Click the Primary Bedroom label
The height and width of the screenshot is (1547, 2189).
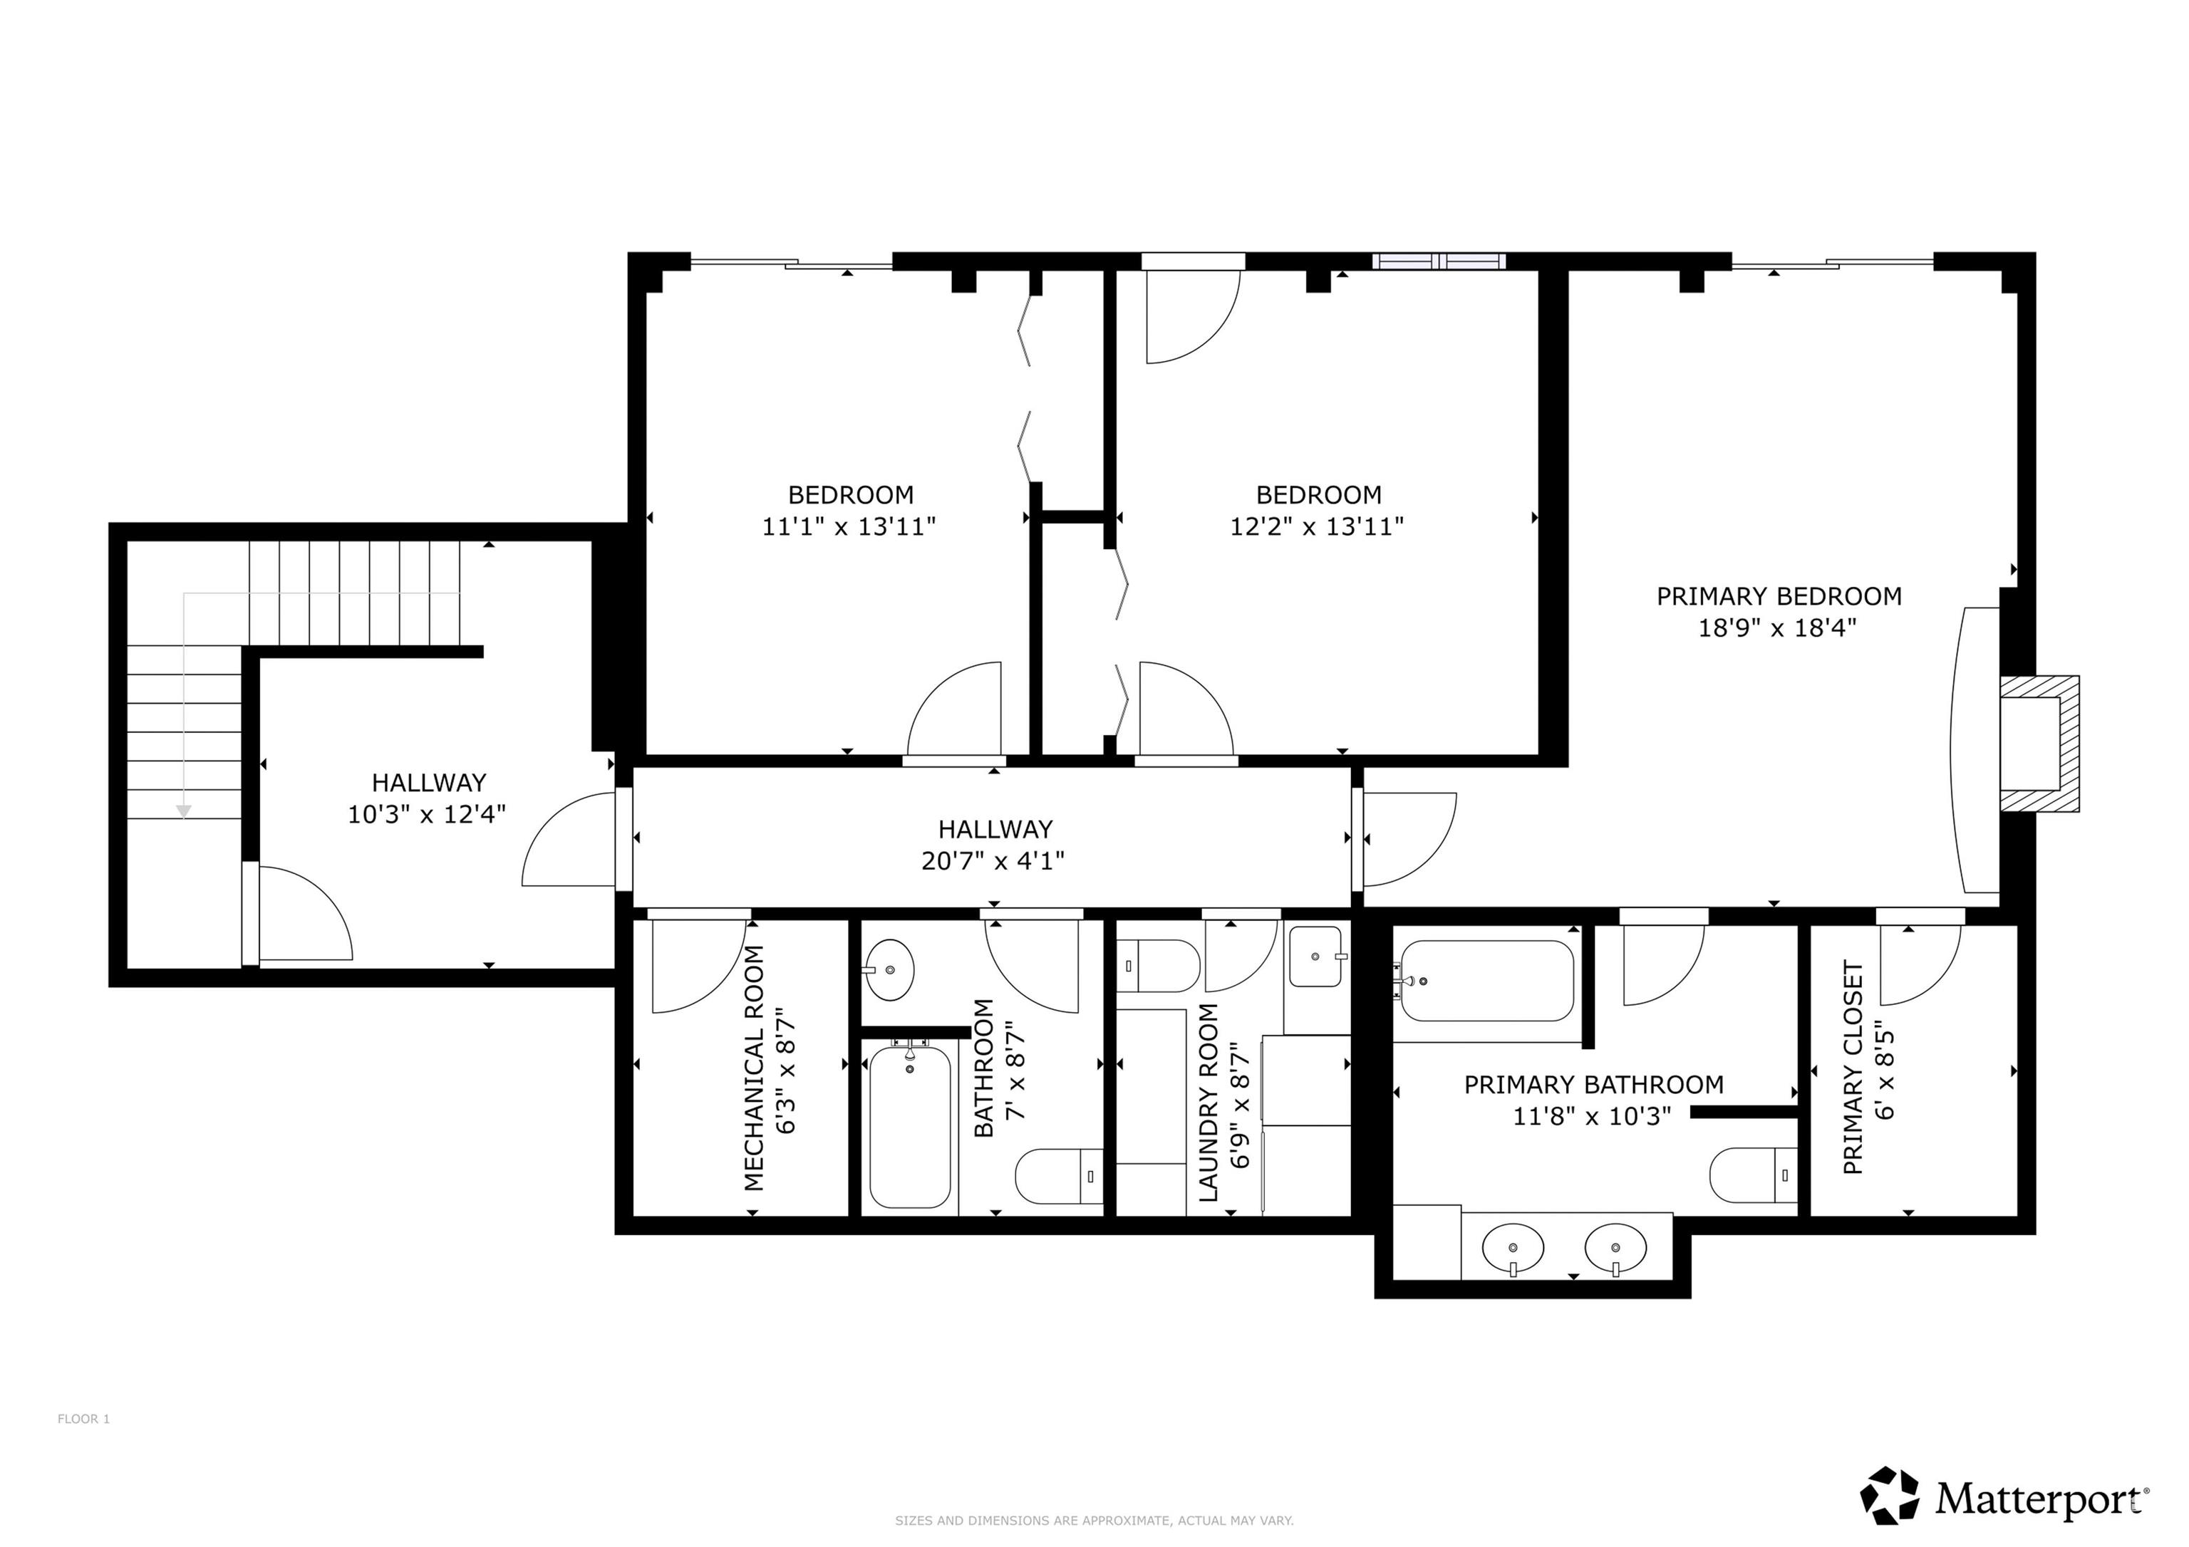[1779, 597]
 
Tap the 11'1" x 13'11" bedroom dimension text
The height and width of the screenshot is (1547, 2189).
[849, 526]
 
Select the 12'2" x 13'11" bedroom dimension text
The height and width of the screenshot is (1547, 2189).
[1317, 526]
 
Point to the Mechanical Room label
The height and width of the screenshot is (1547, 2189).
[754, 1068]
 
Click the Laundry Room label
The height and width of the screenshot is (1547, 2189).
[1208, 1103]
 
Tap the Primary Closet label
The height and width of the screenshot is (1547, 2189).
[1853, 1068]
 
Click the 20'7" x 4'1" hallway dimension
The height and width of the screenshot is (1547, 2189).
[993, 860]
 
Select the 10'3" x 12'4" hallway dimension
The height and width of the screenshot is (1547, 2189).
[426, 814]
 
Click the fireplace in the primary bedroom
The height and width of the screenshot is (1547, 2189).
[2039, 744]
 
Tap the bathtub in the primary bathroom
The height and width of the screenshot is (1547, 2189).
[1484, 981]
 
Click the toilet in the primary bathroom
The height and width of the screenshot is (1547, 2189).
[1752, 1175]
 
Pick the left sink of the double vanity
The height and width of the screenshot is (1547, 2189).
[1513, 1249]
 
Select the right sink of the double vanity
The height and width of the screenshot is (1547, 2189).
[1615, 1249]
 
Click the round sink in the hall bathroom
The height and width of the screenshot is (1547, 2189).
[888, 970]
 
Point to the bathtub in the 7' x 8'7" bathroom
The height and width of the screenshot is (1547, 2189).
[909, 1125]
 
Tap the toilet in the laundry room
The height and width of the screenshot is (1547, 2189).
[1157, 967]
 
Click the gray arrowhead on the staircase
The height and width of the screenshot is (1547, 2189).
[184, 812]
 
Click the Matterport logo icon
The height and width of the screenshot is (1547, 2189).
[1890, 1496]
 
